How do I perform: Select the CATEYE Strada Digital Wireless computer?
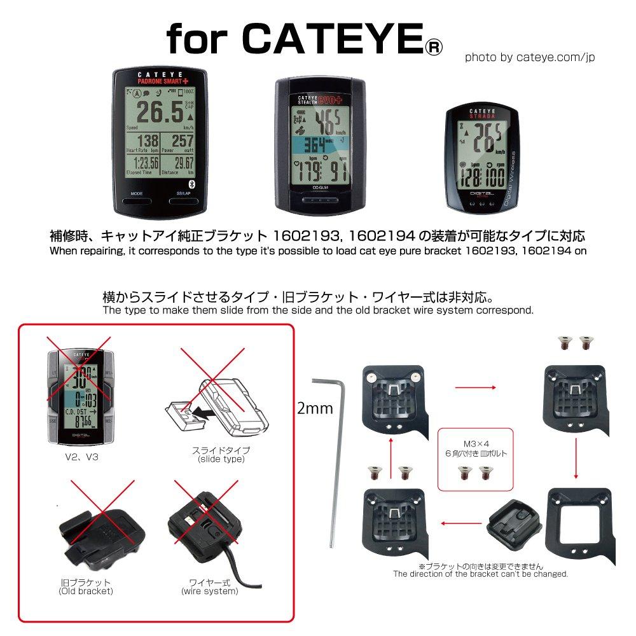[482, 157]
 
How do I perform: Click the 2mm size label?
[315, 408]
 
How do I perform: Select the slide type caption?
[221, 455]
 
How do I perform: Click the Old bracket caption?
[85, 586]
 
